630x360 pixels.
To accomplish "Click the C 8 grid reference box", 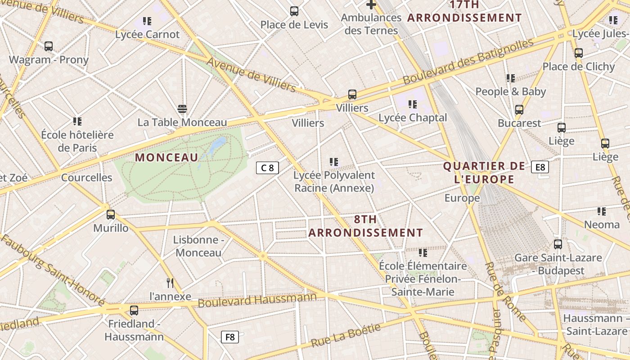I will click(x=267, y=168).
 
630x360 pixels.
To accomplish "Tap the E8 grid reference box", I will click(x=540, y=167).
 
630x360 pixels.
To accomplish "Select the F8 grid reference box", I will click(x=230, y=337).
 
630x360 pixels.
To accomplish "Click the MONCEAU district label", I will click(x=166, y=157).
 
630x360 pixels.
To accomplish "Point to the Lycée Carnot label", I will click(x=147, y=34).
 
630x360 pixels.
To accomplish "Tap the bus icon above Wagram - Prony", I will click(x=49, y=46).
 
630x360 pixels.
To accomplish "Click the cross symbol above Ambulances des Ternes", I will click(x=371, y=5).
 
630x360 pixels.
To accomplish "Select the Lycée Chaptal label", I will click(x=413, y=118).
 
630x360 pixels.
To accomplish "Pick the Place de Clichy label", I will click(x=578, y=67).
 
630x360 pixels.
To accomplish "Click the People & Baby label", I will click(x=510, y=92).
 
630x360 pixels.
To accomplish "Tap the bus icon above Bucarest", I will click(x=519, y=109).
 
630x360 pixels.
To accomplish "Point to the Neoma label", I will click(x=602, y=224).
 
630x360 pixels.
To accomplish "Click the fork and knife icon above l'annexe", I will click(x=170, y=283).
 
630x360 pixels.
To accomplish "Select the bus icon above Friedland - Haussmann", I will click(x=134, y=310).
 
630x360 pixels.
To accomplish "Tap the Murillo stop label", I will click(x=111, y=228).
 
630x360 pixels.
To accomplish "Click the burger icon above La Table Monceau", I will click(x=182, y=108).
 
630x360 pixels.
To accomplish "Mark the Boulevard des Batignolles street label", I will click(x=468, y=62).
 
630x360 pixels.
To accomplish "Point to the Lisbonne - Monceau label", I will click(x=198, y=246).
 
